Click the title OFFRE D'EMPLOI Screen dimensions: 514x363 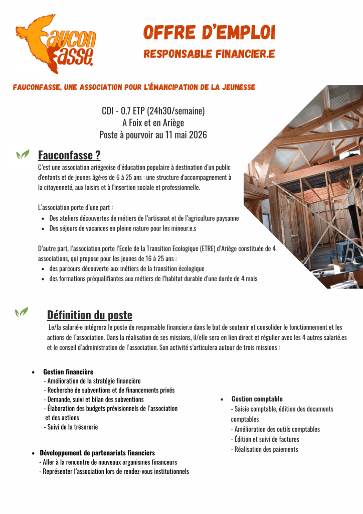tap(209, 33)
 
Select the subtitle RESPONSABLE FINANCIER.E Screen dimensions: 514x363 tap(209, 54)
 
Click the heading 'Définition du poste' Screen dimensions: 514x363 tap(89, 315)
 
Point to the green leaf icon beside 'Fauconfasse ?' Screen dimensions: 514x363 tap(22, 155)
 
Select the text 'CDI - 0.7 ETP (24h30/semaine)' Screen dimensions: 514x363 tap(153, 110)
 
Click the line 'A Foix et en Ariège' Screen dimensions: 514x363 tap(153, 122)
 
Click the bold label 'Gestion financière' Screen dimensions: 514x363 tap(68, 372)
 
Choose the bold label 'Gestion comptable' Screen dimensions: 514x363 tap(257, 399)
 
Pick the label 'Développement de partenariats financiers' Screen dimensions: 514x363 tap(97, 453)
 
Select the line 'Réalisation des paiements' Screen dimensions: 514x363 tap(266, 449)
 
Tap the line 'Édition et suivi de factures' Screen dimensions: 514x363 tap(266, 439)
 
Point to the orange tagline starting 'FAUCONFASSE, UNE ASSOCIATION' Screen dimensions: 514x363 tap(134, 87)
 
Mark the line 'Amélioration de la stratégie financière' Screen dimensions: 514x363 tap(94, 381)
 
